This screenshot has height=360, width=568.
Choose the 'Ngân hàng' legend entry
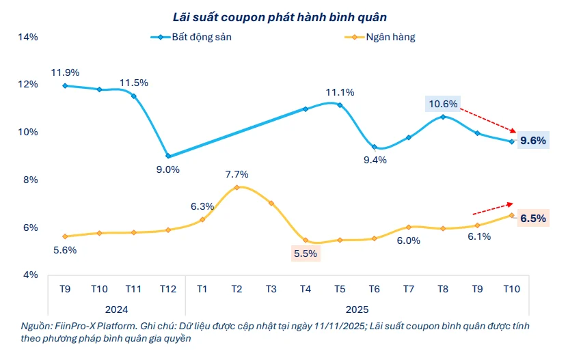(x=390, y=37)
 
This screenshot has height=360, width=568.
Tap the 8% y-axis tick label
(x=30, y=180)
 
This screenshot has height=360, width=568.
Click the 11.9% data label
(x=64, y=72)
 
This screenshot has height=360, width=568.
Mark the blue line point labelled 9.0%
(x=168, y=156)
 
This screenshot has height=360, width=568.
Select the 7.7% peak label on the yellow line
(x=236, y=174)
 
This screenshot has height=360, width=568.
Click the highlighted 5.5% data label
(x=305, y=253)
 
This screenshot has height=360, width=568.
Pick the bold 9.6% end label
(x=532, y=141)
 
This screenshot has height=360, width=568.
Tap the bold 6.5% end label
(x=532, y=219)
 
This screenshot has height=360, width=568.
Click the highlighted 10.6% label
(x=442, y=104)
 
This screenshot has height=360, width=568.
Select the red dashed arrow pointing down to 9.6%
(x=488, y=120)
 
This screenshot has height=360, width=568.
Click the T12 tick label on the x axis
(x=168, y=289)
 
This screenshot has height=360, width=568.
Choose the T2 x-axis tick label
(x=236, y=289)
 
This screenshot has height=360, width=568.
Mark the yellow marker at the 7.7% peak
(x=236, y=187)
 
